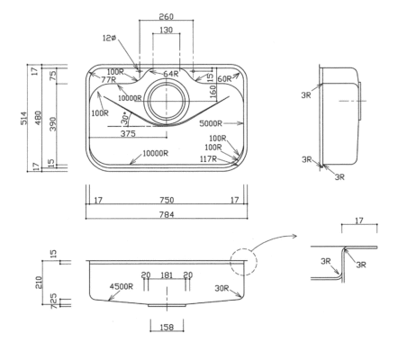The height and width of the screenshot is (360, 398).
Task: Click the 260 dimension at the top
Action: click(x=164, y=16)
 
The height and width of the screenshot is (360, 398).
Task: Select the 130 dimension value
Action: click(x=164, y=31)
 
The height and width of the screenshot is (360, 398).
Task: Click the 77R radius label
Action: click(x=110, y=80)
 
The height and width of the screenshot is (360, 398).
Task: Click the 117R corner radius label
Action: click(x=208, y=158)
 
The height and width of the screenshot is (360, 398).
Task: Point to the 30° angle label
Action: click(x=125, y=117)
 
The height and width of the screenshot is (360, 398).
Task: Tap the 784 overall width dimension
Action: click(x=164, y=215)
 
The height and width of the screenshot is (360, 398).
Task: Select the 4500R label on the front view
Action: click(x=122, y=287)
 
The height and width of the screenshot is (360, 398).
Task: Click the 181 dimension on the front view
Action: click(x=164, y=274)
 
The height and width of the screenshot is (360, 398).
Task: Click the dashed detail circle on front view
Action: click(x=242, y=265)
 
